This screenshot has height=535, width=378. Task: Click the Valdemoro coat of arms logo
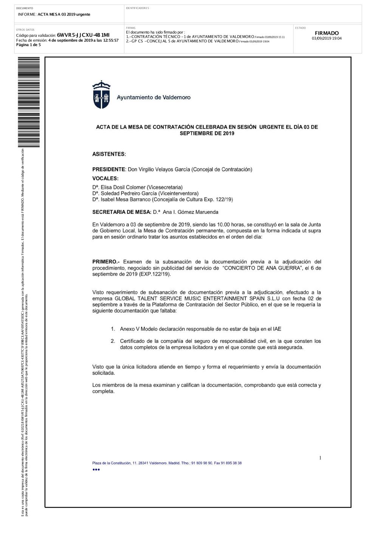pyautogui.click(x=101, y=95)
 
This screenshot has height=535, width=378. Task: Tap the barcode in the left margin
pyautogui.click(x=29, y=102)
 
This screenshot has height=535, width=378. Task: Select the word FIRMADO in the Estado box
pyautogui.click(x=327, y=33)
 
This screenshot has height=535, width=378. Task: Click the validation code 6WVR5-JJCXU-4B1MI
pyautogui.click(x=83, y=35)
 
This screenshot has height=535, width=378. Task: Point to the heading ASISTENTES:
pyautogui.click(x=109, y=154)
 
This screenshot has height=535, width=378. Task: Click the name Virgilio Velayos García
pyautogui.click(x=159, y=170)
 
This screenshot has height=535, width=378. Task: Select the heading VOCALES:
pyautogui.click(x=105, y=179)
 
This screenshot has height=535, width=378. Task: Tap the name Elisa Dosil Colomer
pyautogui.click(x=123, y=187)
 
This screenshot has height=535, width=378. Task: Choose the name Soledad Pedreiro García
pyautogui.click(x=123, y=193)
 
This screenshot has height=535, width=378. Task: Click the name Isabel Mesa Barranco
pyautogui.click(x=126, y=199)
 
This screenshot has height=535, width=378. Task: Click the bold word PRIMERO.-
pyautogui.click(x=106, y=262)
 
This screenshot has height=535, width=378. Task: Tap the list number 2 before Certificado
pyautogui.click(x=113, y=341)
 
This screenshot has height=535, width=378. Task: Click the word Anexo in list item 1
pyautogui.click(x=127, y=329)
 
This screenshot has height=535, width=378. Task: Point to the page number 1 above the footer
pyautogui.click(x=320, y=458)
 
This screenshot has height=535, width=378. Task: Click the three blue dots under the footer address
pyautogui.click(x=96, y=470)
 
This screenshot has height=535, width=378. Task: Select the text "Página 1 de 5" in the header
pyautogui.click(x=28, y=45)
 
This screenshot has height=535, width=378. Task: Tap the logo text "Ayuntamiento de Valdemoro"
pyautogui.click(x=153, y=98)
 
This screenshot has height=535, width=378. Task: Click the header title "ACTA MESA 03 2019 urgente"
pyautogui.click(x=64, y=14)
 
